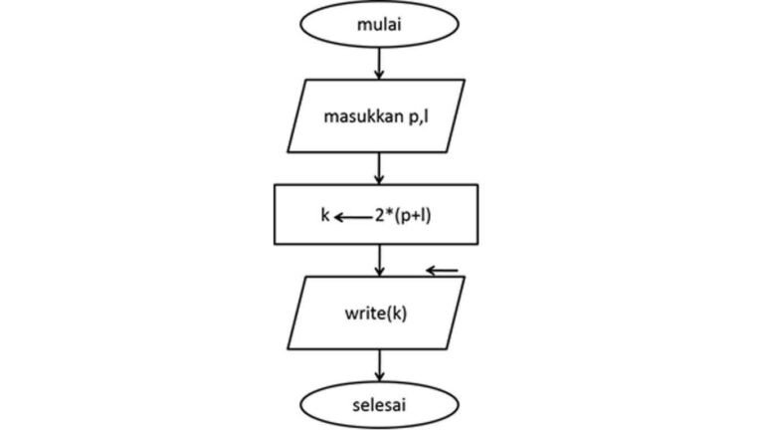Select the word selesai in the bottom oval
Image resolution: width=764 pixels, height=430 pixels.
(x=379, y=406)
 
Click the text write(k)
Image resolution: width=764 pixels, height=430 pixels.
(x=379, y=312)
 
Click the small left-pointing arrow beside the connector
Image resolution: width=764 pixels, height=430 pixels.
(x=443, y=269)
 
